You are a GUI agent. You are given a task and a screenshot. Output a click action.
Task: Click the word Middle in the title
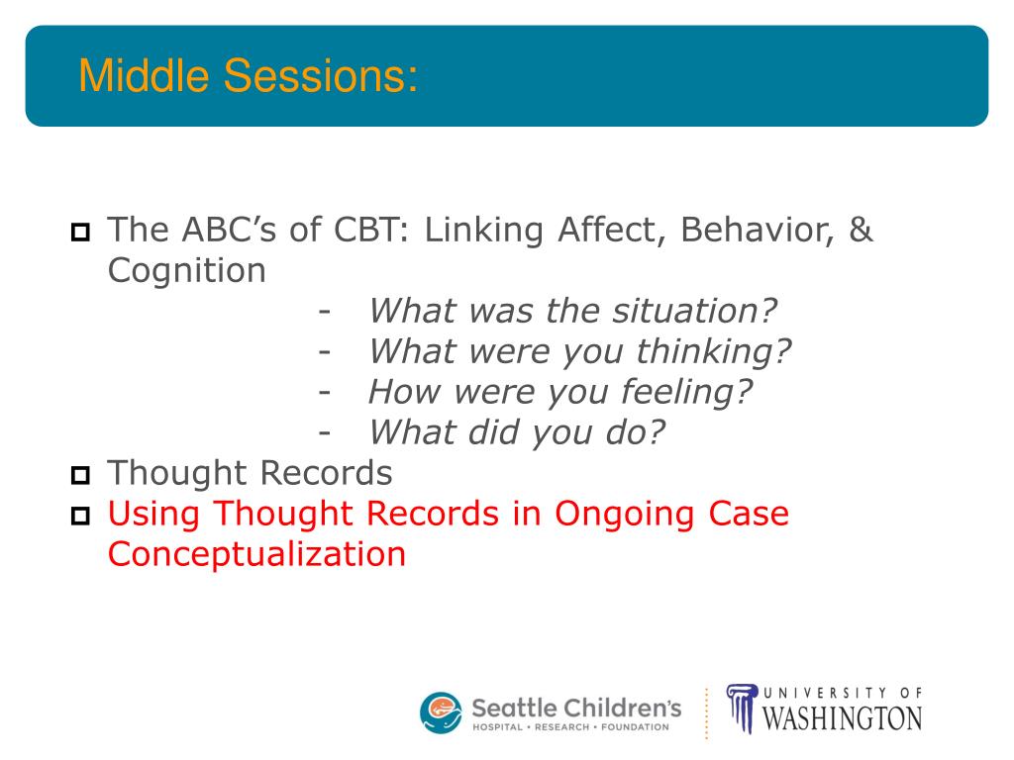tap(144, 75)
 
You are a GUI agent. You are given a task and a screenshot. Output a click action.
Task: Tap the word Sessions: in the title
tap(321, 75)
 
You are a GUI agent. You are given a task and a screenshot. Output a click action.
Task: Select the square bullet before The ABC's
tap(80, 232)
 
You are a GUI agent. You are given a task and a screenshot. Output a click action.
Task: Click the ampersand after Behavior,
tap(861, 230)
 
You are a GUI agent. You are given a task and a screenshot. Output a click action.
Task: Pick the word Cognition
tap(187, 271)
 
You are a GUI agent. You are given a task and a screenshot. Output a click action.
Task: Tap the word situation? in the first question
tap(694, 311)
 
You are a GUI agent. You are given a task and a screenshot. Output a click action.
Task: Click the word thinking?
tap(714, 352)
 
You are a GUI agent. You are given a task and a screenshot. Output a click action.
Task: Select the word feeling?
tap(687, 392)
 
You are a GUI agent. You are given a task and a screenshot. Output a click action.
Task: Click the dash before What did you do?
tap(325, 433)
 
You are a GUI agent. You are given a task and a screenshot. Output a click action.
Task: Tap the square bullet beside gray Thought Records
tap(80, 475)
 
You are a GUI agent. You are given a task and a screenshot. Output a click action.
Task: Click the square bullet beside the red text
tap(80, 516)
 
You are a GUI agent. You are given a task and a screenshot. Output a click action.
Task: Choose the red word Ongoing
tap(624, 515)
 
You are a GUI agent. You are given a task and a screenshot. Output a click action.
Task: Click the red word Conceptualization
tap(256, 555)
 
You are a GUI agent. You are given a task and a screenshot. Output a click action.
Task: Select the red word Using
tap(153, 515)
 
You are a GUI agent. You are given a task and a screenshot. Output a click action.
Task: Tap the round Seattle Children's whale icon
tap(441, 713)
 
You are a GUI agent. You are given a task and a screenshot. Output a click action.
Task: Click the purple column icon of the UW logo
tap(742, 709)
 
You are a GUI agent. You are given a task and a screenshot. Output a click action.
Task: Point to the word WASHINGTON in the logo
tap(843, 719)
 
